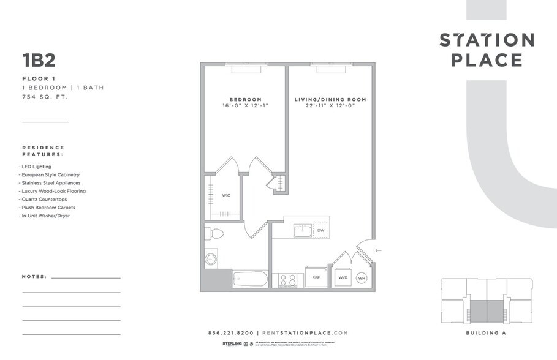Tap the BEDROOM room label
(245, 99)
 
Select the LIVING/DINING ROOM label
(330, 99)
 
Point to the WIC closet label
(226, 195)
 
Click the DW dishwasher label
(320, 231)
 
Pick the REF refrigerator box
(316, 277)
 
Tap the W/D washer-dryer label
(343, 277)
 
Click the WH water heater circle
(362, 277)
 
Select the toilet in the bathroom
(214, 234)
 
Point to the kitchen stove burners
(288, 280)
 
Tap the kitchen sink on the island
(302, 230)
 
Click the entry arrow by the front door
(378, 250)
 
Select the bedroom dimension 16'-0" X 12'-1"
(245, 106)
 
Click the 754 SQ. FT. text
(45, 97)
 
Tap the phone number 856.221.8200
(230, 332)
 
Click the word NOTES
(34, 277)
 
